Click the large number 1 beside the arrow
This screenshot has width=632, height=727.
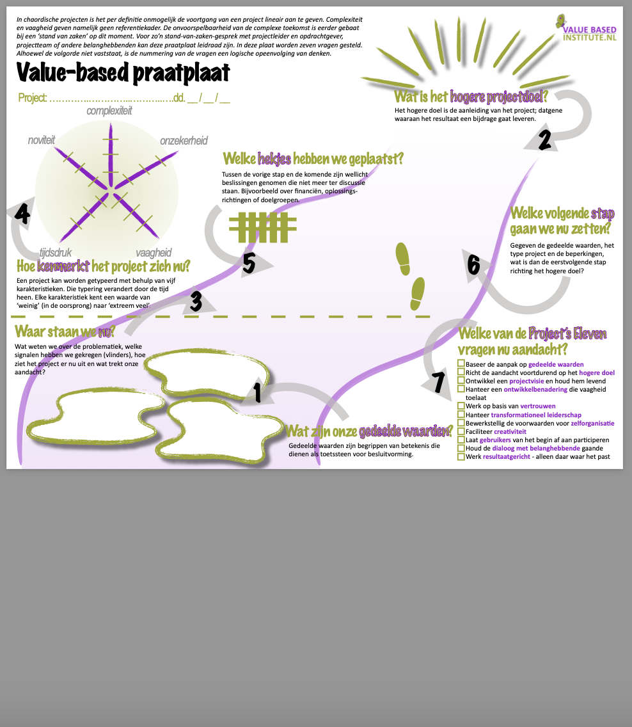pyautogui.click(x=257, y=392)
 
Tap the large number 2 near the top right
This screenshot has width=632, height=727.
pyautogui.click(x=544, y=140)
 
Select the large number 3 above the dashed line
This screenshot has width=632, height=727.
pyautogui.click(x=196, y=301)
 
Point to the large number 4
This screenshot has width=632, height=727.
pyautogui.click(x=22, y=214)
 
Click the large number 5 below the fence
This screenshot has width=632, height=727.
pyautogui.click(x=249, y=264)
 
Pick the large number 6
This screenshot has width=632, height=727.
pyautogui.click(x=473, y=264)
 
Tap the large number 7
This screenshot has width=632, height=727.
pyautogui.click(x=438, y=382)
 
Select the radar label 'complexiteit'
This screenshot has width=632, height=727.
pyautogui.click(x=109, y=111)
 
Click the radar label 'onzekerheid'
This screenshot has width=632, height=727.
pyautogui.click(x=184, y=141)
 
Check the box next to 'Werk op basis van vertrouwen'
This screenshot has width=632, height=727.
pyautogui.click(x=461, y=406)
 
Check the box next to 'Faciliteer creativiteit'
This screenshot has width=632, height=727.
pyautogui.click(x=461, y=431)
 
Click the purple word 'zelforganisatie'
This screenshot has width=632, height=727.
pyautogui.click(x=592, y=423)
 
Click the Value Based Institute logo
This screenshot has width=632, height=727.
pyautogui.click(x=588, y=28)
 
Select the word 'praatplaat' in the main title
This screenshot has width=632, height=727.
pyautogui.click(x=181, y=74)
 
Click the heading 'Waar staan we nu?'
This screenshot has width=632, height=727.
pyautogui.click(x=65, y=332)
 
